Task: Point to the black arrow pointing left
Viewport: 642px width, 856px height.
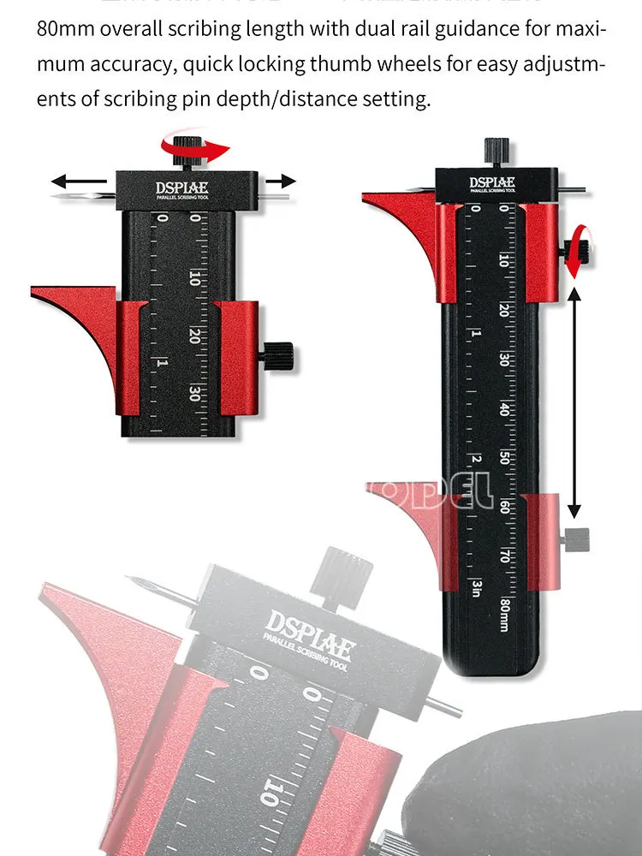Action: (x=82, y=181)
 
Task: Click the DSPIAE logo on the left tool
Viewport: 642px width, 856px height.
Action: (x=187, y=187)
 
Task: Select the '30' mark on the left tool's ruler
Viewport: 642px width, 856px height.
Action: (x=195, y=394)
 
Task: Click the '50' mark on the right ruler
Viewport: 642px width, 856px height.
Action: (x=505, y=458)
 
